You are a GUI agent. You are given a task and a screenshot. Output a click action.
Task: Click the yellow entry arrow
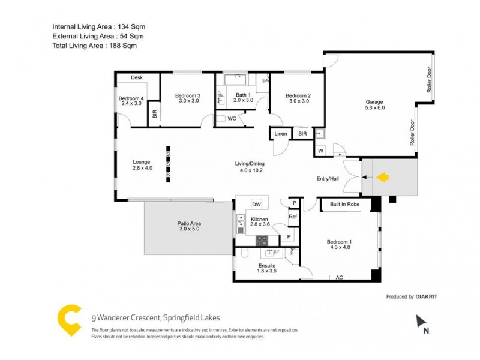382,177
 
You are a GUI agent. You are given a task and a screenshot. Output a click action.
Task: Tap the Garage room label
374,101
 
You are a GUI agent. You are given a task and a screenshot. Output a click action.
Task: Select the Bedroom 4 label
131,98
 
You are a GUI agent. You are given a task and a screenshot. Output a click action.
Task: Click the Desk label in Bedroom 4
137,77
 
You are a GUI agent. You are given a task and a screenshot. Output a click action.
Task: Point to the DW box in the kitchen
256,204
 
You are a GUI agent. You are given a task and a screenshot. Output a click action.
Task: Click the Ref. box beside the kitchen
293,217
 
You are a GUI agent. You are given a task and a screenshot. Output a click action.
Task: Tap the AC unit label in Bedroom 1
339,277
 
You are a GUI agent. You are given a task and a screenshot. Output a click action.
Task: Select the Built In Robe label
344,205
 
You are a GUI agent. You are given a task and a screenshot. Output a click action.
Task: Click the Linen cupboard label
280,134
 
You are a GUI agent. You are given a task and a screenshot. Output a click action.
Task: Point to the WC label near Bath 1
232,119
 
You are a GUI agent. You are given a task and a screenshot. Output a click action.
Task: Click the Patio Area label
189,223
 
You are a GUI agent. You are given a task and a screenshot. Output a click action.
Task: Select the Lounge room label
142,161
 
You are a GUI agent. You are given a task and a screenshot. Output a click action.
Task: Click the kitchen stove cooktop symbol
262,240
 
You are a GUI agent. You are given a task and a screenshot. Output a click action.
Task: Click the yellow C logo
69,320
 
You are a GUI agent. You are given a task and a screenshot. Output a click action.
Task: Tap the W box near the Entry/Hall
320,150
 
